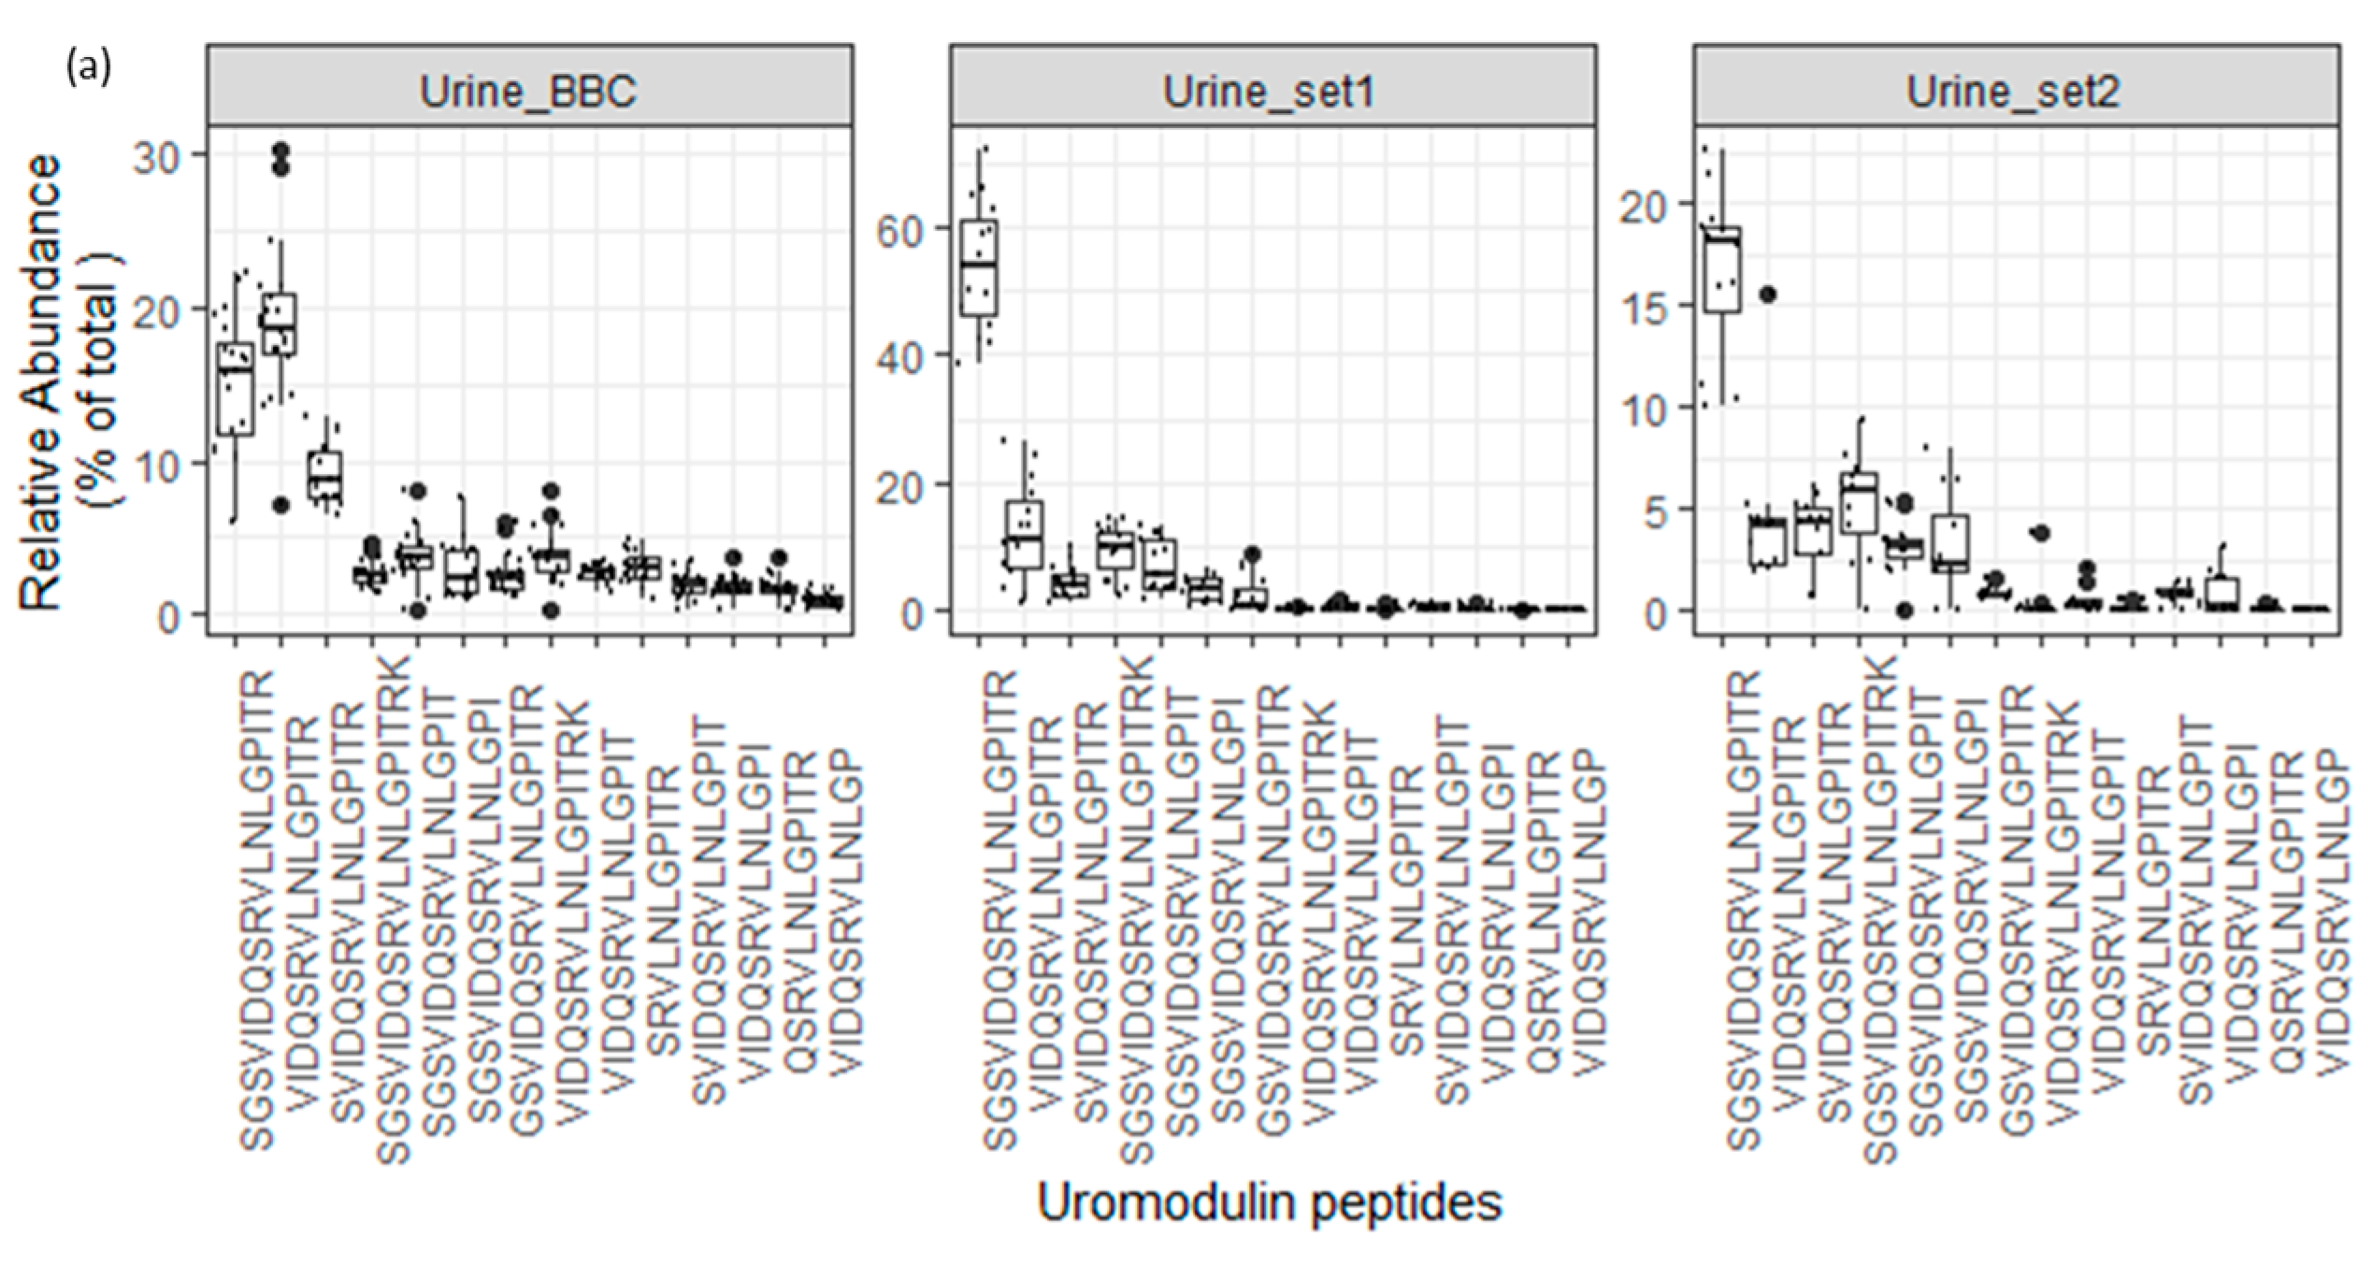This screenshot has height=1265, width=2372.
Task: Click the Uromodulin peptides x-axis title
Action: [x=1270, y=1202]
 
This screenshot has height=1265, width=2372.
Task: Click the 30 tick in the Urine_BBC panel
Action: [x=157, y=157]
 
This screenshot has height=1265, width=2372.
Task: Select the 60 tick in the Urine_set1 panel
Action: [x=899, y=231]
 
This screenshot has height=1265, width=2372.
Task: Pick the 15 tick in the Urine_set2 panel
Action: [x=1643, y=307]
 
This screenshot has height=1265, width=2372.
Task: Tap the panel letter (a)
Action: [x=89, y=67]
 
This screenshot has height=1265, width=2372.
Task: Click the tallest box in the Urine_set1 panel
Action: [x=978, y=268]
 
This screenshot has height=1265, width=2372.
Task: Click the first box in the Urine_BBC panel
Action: [x=236, y=389]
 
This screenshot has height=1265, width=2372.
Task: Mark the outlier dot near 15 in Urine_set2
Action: [x=1768, y=295]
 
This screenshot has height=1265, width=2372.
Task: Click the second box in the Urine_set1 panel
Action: [x=1024, y=535]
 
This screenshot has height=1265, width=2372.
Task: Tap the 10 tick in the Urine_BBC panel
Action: [x=157, y=464]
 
